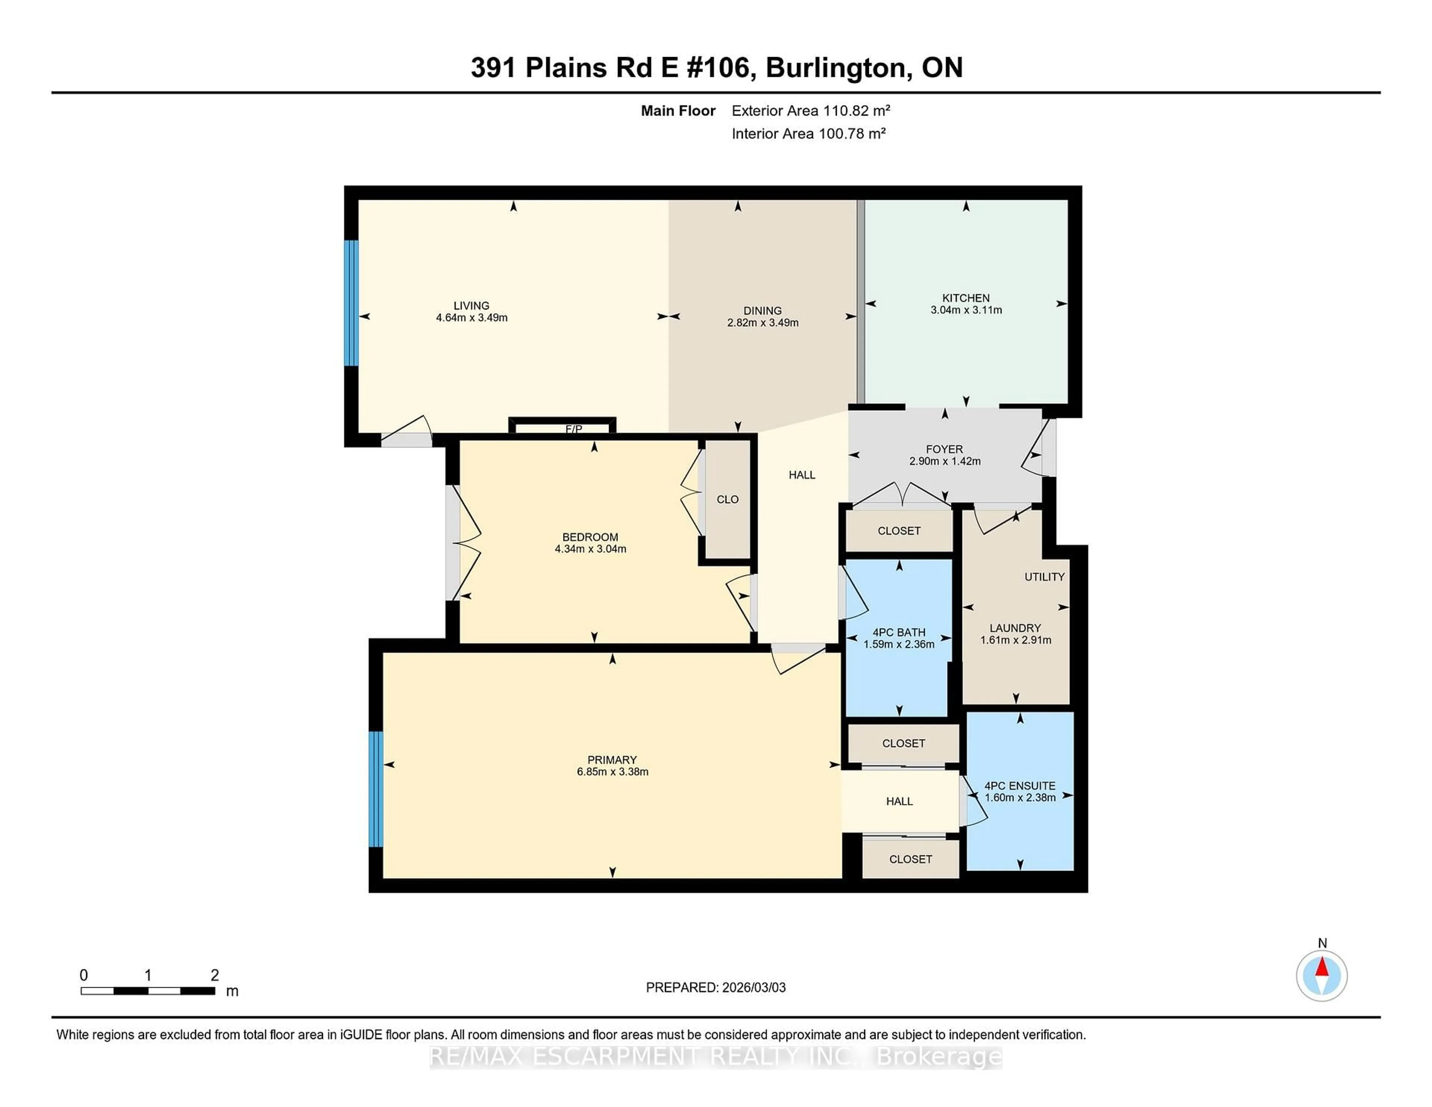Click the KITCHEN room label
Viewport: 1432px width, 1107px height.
tap(966, 298)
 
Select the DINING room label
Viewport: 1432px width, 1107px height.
tap(762, 310)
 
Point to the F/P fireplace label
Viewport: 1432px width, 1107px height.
tap(574, 430)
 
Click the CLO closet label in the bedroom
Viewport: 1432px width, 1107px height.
tap(727, 500)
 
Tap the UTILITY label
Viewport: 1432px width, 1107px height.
tap(1044, 577)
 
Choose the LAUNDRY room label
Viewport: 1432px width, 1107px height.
tap(1015, 628)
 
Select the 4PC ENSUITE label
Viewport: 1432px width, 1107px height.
tap(1020, 785)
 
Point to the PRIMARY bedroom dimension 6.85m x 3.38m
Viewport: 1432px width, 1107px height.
tap(612, 772)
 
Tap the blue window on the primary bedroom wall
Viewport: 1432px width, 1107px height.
tap(375, 790)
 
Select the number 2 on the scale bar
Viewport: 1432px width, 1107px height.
tap(214, 975)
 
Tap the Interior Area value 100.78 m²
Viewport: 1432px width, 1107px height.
tap(851, 134)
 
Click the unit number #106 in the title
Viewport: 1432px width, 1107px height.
tap(720, 68)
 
